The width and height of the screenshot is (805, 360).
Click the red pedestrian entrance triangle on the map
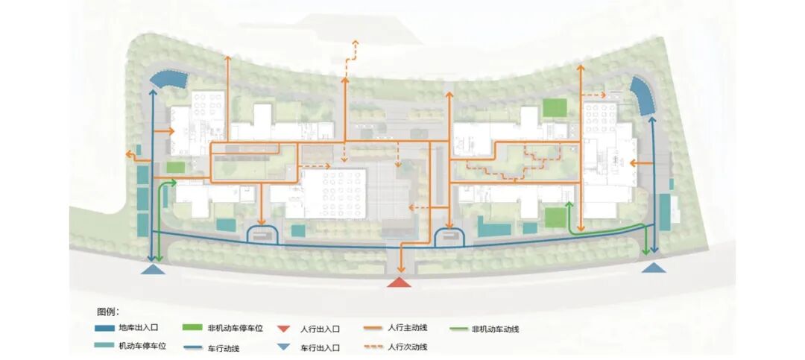(400, 282)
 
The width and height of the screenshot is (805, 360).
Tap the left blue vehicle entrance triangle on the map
(154, 269)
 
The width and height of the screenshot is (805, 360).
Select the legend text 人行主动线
(409, 328)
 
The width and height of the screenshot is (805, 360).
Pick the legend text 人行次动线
(408, 347)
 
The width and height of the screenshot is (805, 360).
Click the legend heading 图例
(107, 311)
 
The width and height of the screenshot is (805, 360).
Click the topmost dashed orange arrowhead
(355, 45)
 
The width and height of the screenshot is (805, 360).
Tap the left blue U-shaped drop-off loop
(262, 234)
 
